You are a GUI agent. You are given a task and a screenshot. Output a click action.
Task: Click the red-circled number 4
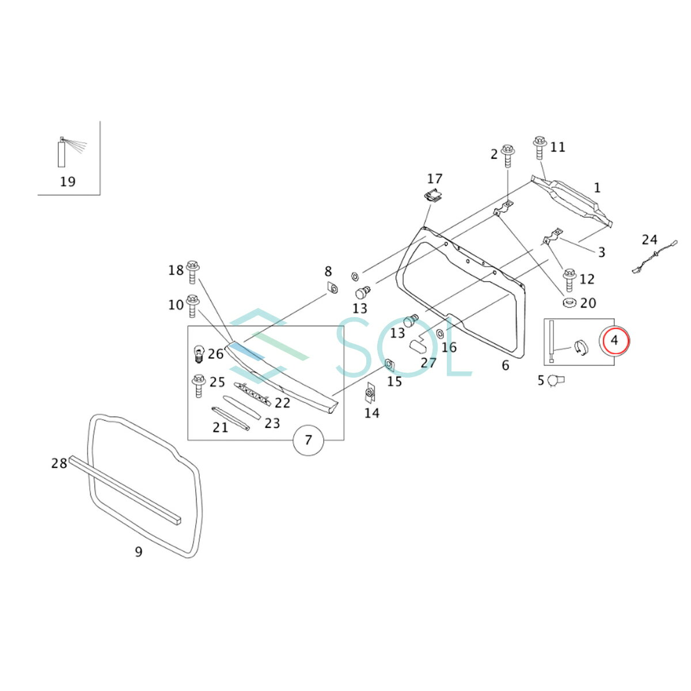pos(615,340)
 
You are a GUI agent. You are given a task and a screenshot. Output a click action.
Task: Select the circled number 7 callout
pos(308,441)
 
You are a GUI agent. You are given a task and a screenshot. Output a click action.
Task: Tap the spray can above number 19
pos(62,153)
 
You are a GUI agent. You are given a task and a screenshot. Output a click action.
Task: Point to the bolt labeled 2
pos(507,155)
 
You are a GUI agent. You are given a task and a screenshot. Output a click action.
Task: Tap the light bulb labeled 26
pos(199,353)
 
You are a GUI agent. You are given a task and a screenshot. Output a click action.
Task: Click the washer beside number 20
pos(571,303)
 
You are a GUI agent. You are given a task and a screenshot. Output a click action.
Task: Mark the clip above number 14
pos(370,393)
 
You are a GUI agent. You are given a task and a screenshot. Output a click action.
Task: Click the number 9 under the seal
pos(138,552)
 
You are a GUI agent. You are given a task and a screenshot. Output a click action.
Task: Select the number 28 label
pos(59,463)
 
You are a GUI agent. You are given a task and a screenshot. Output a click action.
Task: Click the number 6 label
pos(506,365)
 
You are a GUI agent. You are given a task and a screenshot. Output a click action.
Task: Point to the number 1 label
pos(597,187)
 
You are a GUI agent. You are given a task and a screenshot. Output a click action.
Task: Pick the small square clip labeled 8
pos(332,287)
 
